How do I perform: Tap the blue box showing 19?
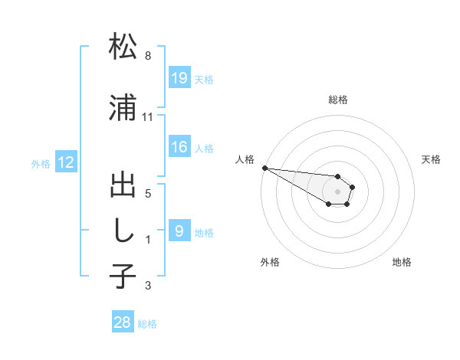pyautogui.click(x=179, y=77)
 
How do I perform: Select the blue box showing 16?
pyautogui.click(x=179, y=147)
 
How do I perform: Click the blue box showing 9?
pyautogui.click(x=179, y=231)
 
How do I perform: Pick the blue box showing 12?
pyautogui.click(x=66, y=162)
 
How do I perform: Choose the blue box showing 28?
pyautogui.click(x=123, y=322)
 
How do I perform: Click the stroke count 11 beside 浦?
pyautogui.click(x=148, y=117)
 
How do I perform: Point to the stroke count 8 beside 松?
pyautogui.click(x=148, y=56)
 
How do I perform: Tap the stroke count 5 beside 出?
pyautogui.click(x=148, y=193)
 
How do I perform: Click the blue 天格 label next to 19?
pyautogui.click(x=204, y=79)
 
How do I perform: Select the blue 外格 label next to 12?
pyautogui.click(x=41, y=163)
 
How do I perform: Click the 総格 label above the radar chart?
pyautogui.click(x=338, y=100)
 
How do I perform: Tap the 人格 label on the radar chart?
pyautogui.click(x=245, y=159)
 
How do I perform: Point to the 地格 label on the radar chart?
pyautogui.click(x=402, y=262)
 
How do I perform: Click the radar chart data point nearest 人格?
pyautogui.click(x=264, y=168)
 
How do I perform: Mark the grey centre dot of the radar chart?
pyautogui.click(x=338, y=191)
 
